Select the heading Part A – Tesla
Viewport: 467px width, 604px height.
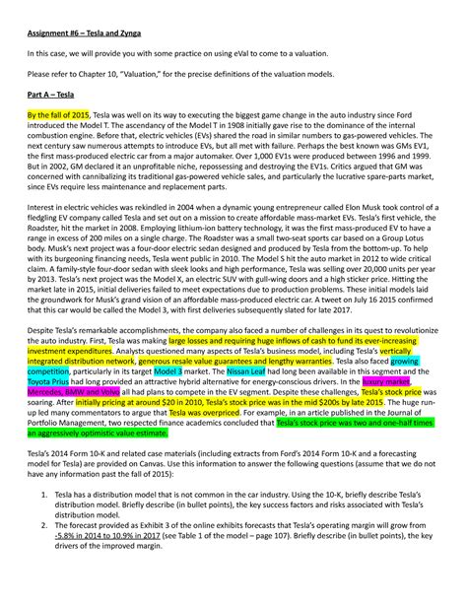point(55,94)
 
